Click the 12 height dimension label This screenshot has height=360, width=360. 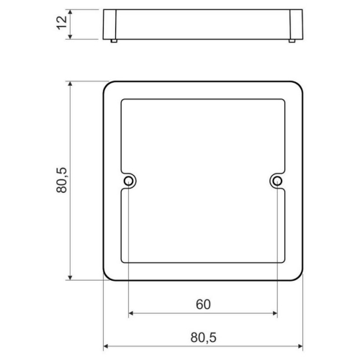62,22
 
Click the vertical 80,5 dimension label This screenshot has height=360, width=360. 62,180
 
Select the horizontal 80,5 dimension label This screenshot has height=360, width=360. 203,338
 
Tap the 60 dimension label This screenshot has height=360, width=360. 203,305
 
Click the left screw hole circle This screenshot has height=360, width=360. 128,181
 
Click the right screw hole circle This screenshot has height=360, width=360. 277,181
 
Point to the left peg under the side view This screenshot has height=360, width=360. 114,41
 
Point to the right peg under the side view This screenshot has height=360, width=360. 292,41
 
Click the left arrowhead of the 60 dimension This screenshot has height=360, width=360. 131,313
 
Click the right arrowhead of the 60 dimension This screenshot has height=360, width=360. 275,313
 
